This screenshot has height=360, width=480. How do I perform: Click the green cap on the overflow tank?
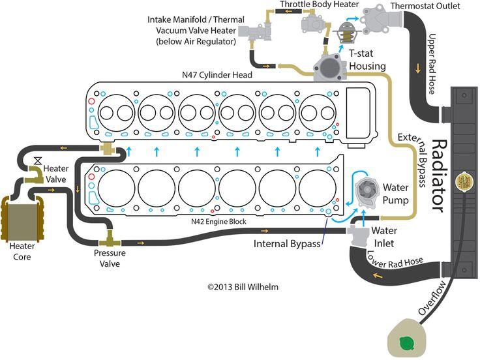tap(407, 344)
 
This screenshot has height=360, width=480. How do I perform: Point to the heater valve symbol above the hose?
tap(38, 161)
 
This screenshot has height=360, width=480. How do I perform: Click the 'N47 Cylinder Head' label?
tap(217, 75)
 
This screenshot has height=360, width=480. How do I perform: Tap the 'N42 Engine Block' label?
tap(218, 221)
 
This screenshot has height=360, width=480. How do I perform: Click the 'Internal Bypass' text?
tap(287, 244)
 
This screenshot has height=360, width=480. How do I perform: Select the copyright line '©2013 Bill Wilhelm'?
tap(243, 287)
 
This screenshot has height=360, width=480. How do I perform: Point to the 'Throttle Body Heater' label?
tap(320, 5)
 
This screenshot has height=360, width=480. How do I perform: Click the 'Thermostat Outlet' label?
tap(425, 6)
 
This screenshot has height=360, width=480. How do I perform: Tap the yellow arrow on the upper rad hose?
tap(418, 69)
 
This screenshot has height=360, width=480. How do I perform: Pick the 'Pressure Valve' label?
tap(110, 258)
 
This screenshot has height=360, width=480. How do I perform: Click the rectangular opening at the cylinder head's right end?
tap(358, 113)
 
